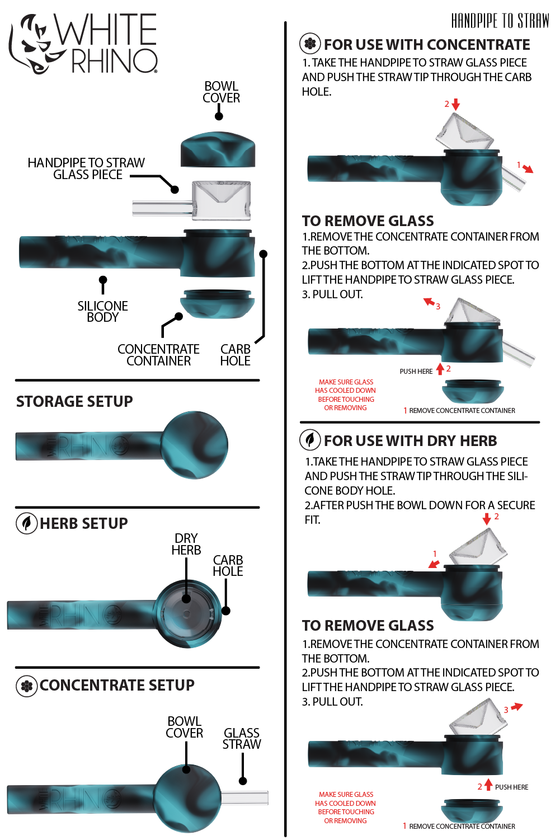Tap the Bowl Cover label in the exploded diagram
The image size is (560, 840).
click(x=221, y=92)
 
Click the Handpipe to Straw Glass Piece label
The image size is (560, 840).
click(x=86, y=168)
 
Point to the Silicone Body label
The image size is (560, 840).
click(x=102, y=312)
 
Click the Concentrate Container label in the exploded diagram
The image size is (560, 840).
click(x=158, y=355)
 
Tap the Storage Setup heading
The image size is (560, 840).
click(x=74, y=402)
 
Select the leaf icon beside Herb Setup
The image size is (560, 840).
click(x=26, y=523)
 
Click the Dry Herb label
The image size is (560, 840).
click(x=186, y=544)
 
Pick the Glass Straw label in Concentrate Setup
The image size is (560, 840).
click(x=242, y=738)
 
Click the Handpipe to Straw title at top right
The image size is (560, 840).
click(x=500, y=21)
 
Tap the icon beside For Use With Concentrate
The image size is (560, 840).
click(x=310, y=44)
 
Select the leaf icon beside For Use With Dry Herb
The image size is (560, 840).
click(x=310, y=440)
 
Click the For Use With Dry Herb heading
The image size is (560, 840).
click(x=410, y=441)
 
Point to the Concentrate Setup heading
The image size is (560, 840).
click(x=117, y=685)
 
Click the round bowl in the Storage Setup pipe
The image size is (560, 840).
click(x=195, y=445)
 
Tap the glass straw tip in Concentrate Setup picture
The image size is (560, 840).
click(x=246, y=797)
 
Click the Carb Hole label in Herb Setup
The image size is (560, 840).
click(x=228, y=566)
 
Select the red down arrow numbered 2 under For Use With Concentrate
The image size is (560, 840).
click(x=455, y=105)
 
